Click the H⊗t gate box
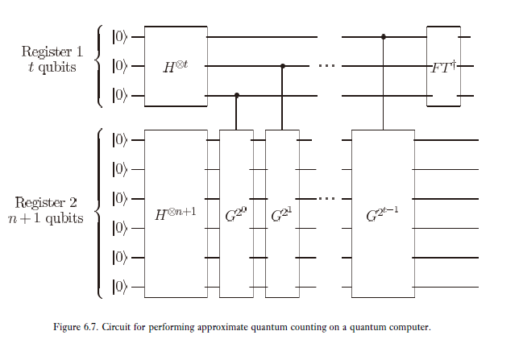coord(175,66)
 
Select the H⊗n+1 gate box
coord(175,213)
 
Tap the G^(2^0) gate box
coord(235,213)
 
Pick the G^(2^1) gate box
coord(281,213)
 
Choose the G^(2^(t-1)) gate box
coord(382,213)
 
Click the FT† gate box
coord(443,66)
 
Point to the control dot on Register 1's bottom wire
coord(236,96)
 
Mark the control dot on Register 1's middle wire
coord(282,67)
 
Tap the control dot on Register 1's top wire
coord(383,37)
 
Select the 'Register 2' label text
coord(49,202)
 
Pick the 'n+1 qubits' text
coord(49,218)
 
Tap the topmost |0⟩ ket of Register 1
coord(120,37)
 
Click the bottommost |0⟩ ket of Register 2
coord(120,288)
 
